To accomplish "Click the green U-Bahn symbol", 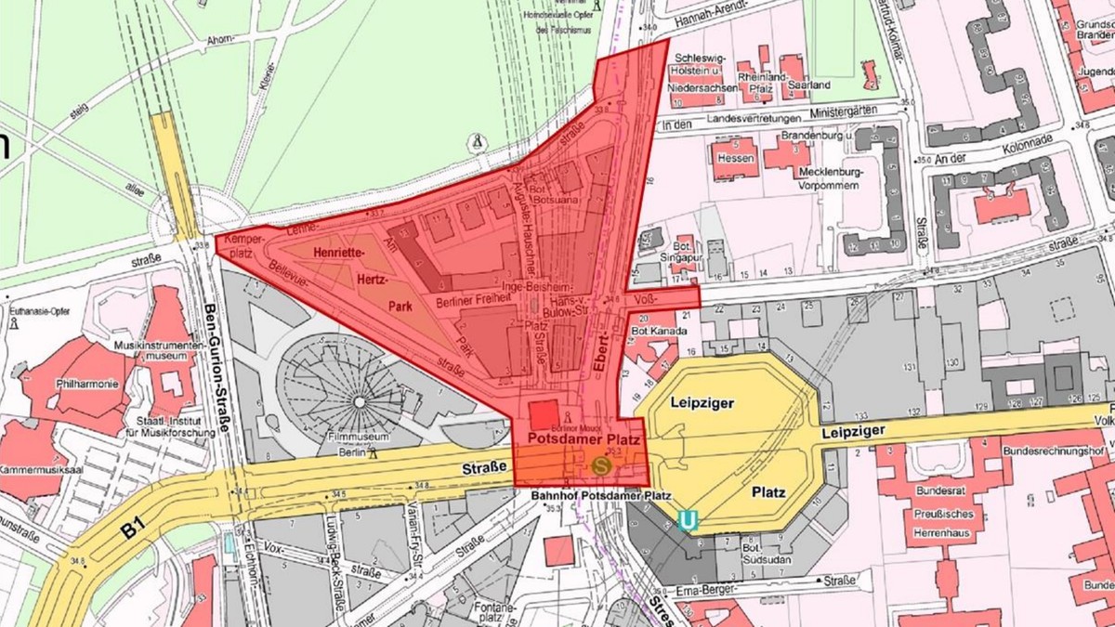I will [689, 522].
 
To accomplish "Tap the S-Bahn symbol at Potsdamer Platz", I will [601, 464].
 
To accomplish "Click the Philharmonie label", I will [86, 384].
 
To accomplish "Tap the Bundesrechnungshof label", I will [1056, 451].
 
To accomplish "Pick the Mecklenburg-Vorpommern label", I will [828, 178].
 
